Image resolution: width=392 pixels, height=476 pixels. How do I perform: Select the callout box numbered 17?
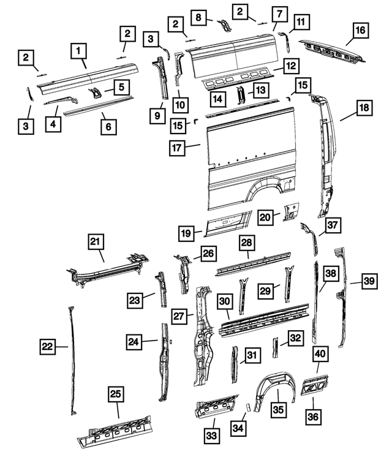click(x=178, y=147)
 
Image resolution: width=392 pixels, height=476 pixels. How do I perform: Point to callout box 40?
click(x=320, y=354)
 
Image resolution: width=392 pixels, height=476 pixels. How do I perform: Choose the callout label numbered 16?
click(x=360, y=29)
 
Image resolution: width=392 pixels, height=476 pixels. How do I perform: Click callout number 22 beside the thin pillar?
click(x=47, y=347)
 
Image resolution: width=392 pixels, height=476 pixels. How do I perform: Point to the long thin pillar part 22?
click(x=71, y=361)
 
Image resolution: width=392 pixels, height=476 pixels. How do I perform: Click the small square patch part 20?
click(x=288, y=214)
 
